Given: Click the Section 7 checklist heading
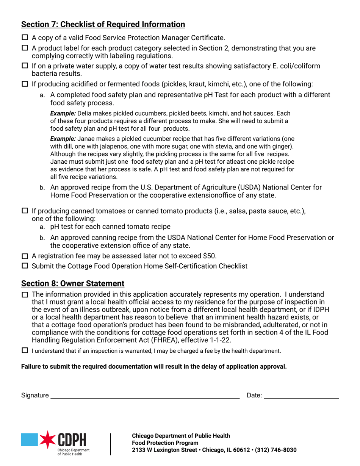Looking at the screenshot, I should click(x=103, y=25).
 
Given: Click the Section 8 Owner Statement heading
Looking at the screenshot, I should click(x=73, y=283).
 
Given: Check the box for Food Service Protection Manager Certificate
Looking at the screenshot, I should click(x=25, y=38).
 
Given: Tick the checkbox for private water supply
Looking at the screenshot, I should click(x=25, y=66).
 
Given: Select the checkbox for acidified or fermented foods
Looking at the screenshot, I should click(x=25, y=84).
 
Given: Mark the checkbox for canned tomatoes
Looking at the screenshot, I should click(x=25, y=211).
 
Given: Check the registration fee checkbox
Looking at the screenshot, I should click(x=25, y=256).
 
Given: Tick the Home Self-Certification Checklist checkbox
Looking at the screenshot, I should click(x=25, y=266).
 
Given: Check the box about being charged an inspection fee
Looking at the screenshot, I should click(x=25, y=350).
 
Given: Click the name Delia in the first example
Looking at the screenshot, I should click(x=85, y=113).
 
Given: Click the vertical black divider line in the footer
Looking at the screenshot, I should click(x=111, y=444).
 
